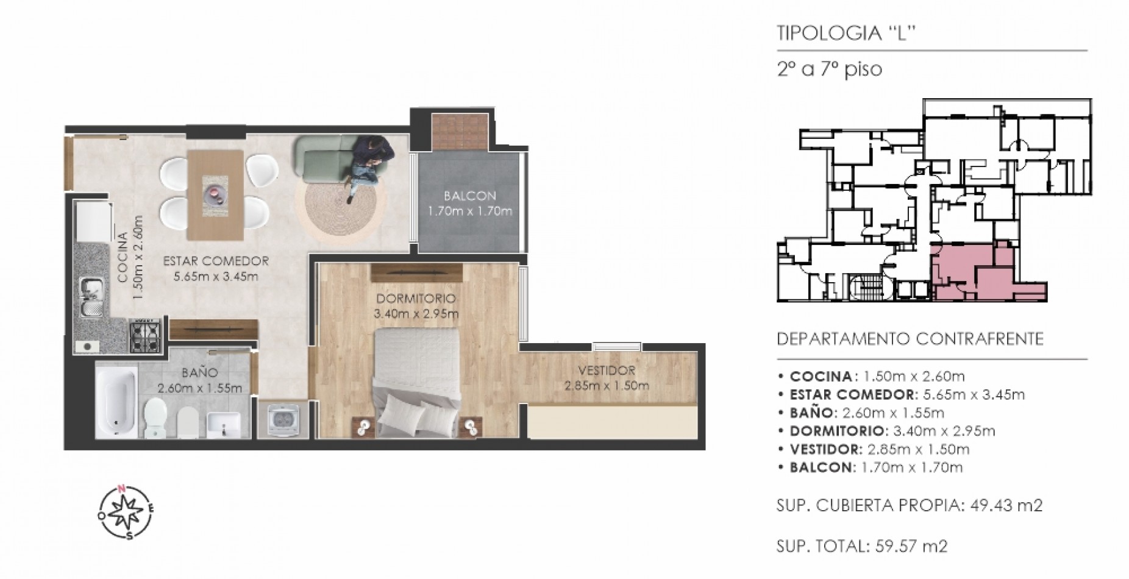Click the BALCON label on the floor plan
469,196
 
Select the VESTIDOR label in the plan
607,371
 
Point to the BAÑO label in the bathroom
199,372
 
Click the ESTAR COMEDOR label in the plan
216,261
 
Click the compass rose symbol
126,511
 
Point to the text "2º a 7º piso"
829,69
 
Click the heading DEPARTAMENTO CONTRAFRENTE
910,339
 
